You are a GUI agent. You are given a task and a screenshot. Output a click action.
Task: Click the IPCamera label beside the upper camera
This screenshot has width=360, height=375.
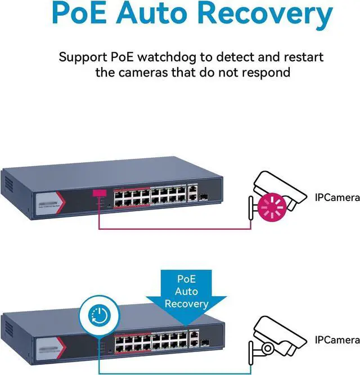click(337, 198)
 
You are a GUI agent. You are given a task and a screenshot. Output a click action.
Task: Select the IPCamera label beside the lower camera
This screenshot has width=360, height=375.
click(337, 340)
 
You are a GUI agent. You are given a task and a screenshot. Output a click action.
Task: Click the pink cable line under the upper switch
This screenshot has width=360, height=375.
click(174, 229)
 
